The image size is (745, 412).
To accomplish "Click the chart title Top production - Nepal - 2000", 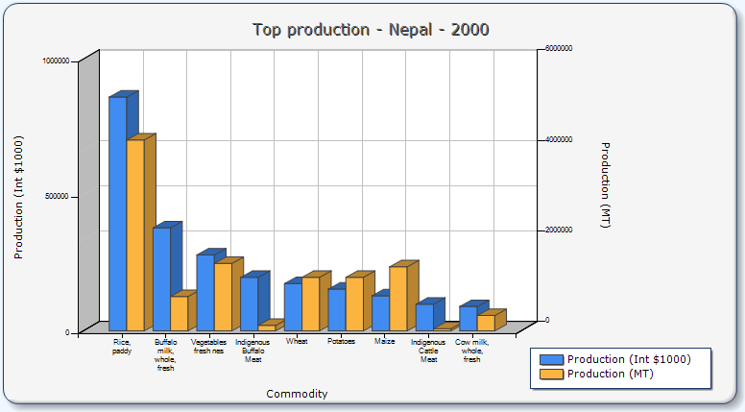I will (x=371, y=30).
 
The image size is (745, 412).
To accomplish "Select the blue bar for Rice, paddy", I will (x=117, y=213).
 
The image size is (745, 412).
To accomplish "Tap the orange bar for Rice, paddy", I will (x=135, y=234).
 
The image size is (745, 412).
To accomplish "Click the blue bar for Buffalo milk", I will (x=161, y=279).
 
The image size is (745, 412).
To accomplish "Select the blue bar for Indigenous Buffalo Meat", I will (x=249, y=303).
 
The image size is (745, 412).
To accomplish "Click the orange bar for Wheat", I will (x=310, y=303).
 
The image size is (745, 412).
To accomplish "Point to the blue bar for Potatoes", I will (x=336, y=309).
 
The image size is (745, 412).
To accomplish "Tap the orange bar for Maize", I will (x=397, y=298).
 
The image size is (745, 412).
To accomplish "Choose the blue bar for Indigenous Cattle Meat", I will (x=423, y=317).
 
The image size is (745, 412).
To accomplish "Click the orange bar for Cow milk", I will (x=486, y=323).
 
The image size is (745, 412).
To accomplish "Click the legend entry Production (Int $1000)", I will (x=628, y=359).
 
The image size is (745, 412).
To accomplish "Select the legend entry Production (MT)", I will (x=610, y=374).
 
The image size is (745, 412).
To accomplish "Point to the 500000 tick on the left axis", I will (x=57, y=196).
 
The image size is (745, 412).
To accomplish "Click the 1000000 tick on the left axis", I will (x=56, y=61).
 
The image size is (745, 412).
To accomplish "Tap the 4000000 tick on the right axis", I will (x=559, y=139).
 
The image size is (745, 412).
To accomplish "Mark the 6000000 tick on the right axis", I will (x=559, y=48).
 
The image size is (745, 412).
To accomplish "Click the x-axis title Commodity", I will (x=297, y=394).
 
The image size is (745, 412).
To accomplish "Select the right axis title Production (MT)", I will (x=605, y=185).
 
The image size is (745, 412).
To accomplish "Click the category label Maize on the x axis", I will (x=384, y=341).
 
